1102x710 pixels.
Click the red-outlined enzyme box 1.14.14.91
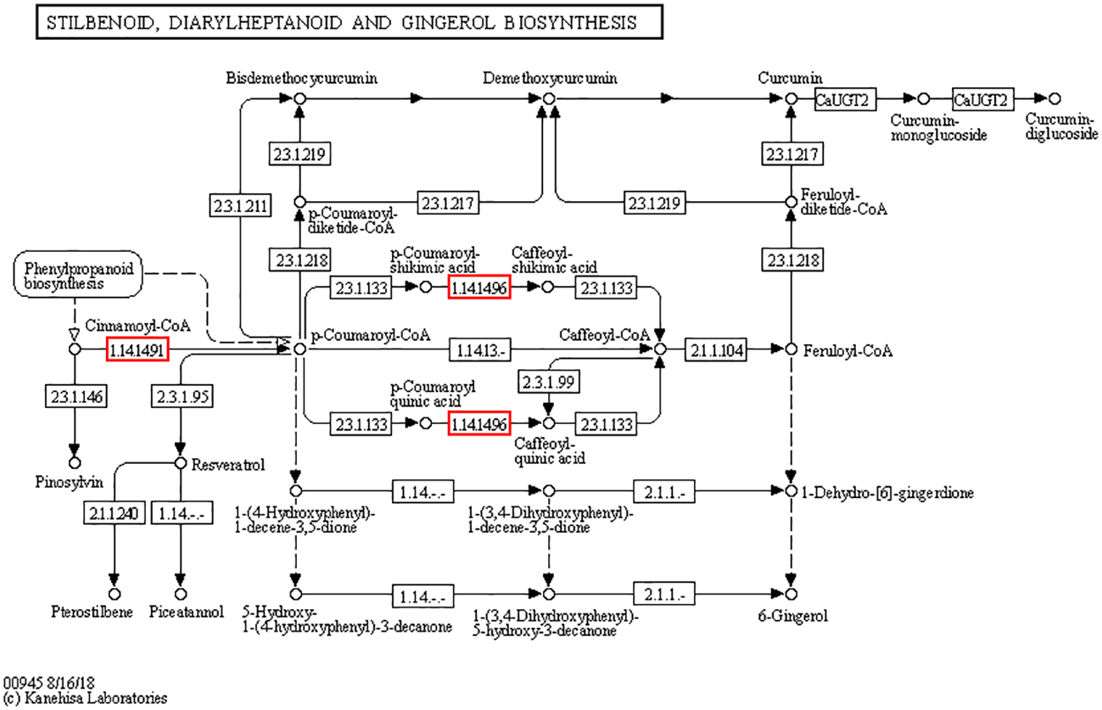(x=137, y=349)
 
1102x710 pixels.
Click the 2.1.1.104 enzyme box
(x=716, y=349)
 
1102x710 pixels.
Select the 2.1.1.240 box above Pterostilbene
(x=114, y=512)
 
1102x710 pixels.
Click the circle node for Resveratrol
(x=180, y=463)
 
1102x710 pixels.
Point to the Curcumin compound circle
(x=791, y=99)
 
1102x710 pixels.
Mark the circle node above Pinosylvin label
(x=74, y=463)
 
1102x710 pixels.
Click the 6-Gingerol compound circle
(x=791, y=594)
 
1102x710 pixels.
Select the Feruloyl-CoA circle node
(x=791, y=349)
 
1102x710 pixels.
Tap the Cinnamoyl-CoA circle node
(x=74, y=349)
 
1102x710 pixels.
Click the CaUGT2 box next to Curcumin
(x=842, y=99)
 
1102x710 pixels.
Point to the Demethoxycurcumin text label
(x=550, y=79)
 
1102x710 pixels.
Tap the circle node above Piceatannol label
(x=180, y=594)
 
